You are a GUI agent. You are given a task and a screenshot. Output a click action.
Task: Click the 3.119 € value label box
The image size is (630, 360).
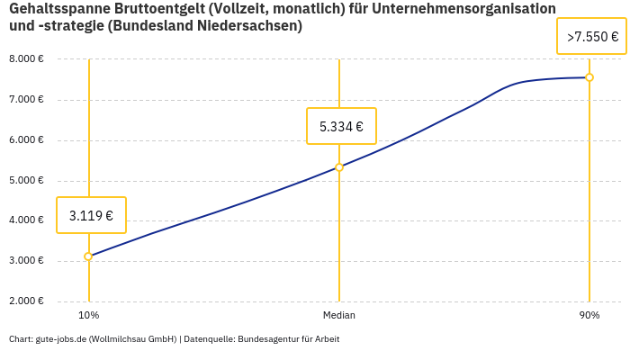(x=91, y=215)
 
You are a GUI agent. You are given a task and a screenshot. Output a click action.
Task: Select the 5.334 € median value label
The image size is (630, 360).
(x=341, y=126)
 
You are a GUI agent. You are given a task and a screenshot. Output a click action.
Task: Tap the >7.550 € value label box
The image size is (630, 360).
(x=592, y=37)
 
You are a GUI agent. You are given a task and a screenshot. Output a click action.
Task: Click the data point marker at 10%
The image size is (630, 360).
(x=88, y=256)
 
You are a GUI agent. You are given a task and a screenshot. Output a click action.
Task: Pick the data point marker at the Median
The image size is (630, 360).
(x=339, y=167)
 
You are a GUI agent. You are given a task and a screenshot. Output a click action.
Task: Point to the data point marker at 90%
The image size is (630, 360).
(x=589, y=77)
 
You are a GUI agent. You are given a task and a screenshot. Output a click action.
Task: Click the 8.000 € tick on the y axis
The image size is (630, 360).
(x=26, y=59)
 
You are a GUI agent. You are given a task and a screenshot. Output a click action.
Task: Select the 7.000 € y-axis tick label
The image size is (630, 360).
(x=26, y=100)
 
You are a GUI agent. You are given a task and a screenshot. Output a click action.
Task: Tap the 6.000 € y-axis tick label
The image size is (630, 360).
(x=26, y=140)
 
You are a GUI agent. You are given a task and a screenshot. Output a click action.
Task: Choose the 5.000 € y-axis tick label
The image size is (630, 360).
(x=26, y=181)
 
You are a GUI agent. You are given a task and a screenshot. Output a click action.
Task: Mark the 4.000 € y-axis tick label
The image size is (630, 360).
(x=26, y=220)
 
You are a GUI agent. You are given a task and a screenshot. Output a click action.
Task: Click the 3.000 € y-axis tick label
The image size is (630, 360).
(x=26, y=261)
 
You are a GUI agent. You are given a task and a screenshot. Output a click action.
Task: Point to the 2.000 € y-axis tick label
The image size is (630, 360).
(x=26, y=301)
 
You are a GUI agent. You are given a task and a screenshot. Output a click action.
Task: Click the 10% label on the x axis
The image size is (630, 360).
(x=88, y=316)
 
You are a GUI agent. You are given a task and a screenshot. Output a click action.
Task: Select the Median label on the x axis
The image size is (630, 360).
(x=339, y=316)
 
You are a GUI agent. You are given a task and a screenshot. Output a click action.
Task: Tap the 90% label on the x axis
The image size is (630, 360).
(x=589, y=316)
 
